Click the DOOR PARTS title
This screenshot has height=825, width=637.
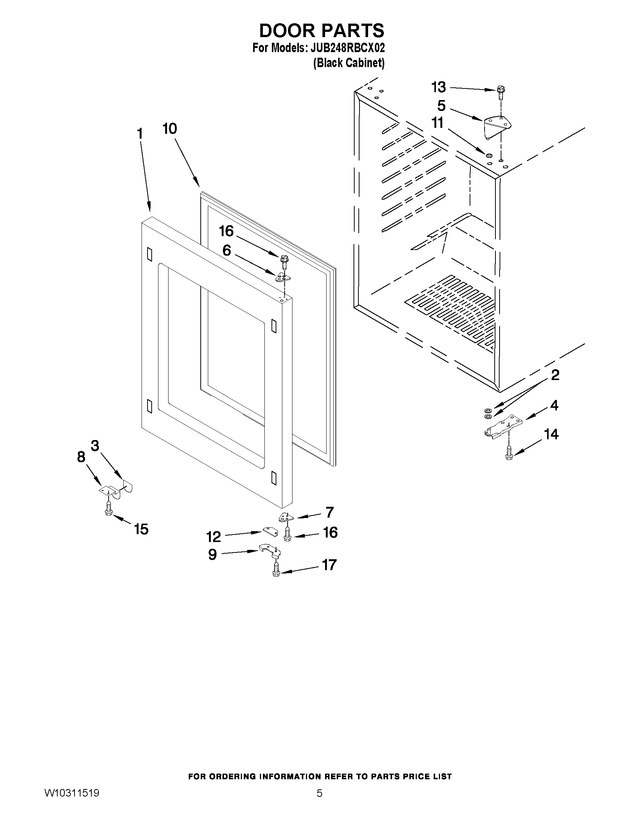(322, 31)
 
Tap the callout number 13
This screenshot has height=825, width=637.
(439, 87)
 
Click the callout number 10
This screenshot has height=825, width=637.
(170, 129)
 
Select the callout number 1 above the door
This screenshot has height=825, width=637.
(140, 134)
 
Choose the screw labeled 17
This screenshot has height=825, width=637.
(276, 569)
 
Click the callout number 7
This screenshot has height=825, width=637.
(330, 512)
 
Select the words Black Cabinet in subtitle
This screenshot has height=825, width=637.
(349, 63)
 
